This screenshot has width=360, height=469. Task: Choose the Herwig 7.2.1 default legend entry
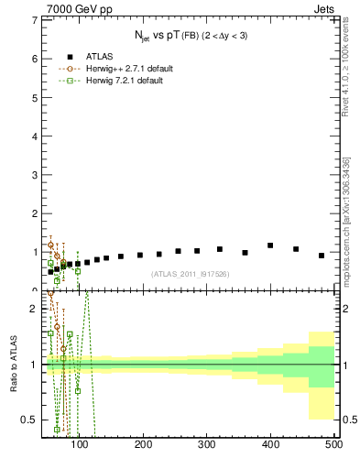coord(124,81)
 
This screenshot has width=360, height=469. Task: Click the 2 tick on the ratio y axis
coord(34,309)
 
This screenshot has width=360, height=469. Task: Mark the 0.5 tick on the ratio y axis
coord(30,420)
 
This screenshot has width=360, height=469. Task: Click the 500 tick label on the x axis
coord(333,444)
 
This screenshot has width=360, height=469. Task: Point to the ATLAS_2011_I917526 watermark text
coord(190,274)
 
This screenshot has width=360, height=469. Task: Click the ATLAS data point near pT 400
coord(270,245)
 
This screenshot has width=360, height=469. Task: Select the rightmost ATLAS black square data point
coord(322,256)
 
